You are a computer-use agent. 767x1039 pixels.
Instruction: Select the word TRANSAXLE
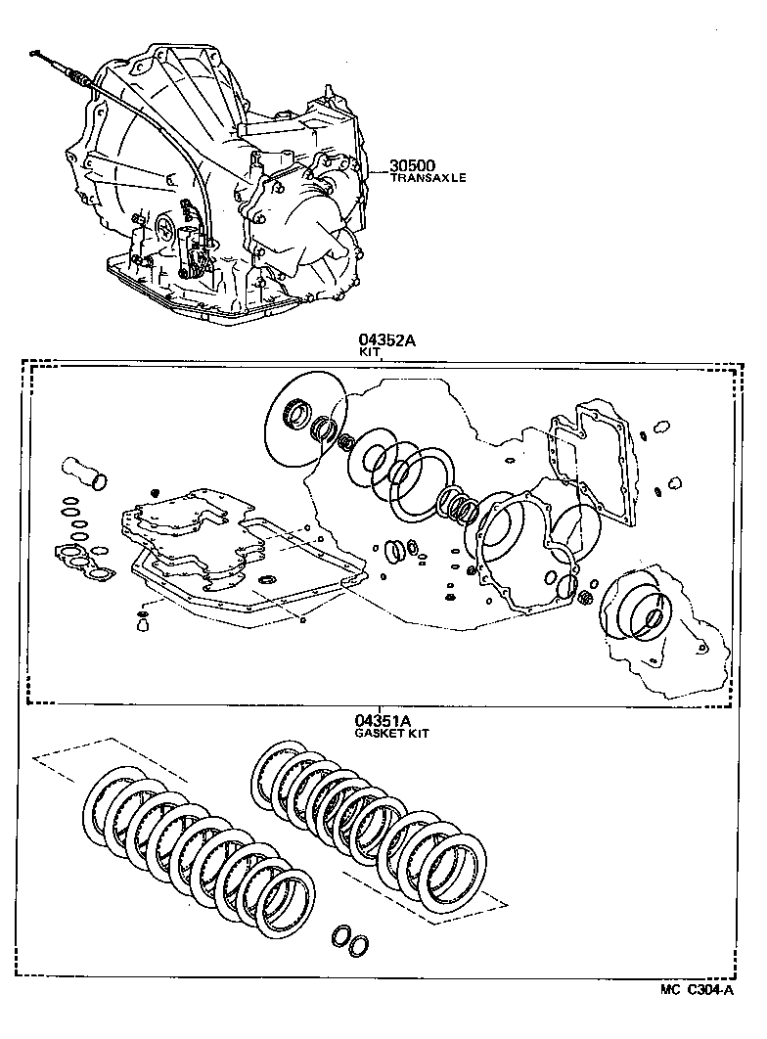(429, 178)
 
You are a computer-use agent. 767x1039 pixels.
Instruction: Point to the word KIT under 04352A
(370, 353)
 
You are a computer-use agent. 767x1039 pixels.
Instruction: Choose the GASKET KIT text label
(391, 733)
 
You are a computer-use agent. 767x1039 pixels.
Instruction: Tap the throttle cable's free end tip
(34, 52)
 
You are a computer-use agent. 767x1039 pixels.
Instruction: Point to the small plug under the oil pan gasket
(143, 619)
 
